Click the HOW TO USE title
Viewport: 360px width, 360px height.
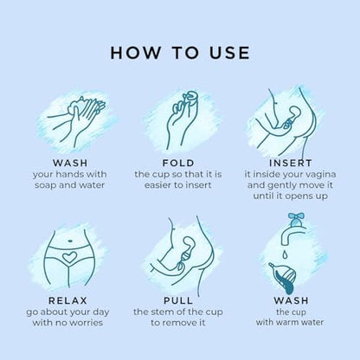coord(180,53)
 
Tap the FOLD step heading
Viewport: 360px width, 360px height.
coord(178,163)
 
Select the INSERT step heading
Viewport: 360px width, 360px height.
coord(291,163)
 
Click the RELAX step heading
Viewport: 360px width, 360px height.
coord(67,300)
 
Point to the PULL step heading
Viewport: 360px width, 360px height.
coord(178,300)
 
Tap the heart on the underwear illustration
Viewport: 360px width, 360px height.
coord(69,256)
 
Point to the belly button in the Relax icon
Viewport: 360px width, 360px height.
coord(70,241)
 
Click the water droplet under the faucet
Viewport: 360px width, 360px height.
coord(285,254)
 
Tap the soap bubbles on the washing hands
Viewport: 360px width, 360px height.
coord(76,106)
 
